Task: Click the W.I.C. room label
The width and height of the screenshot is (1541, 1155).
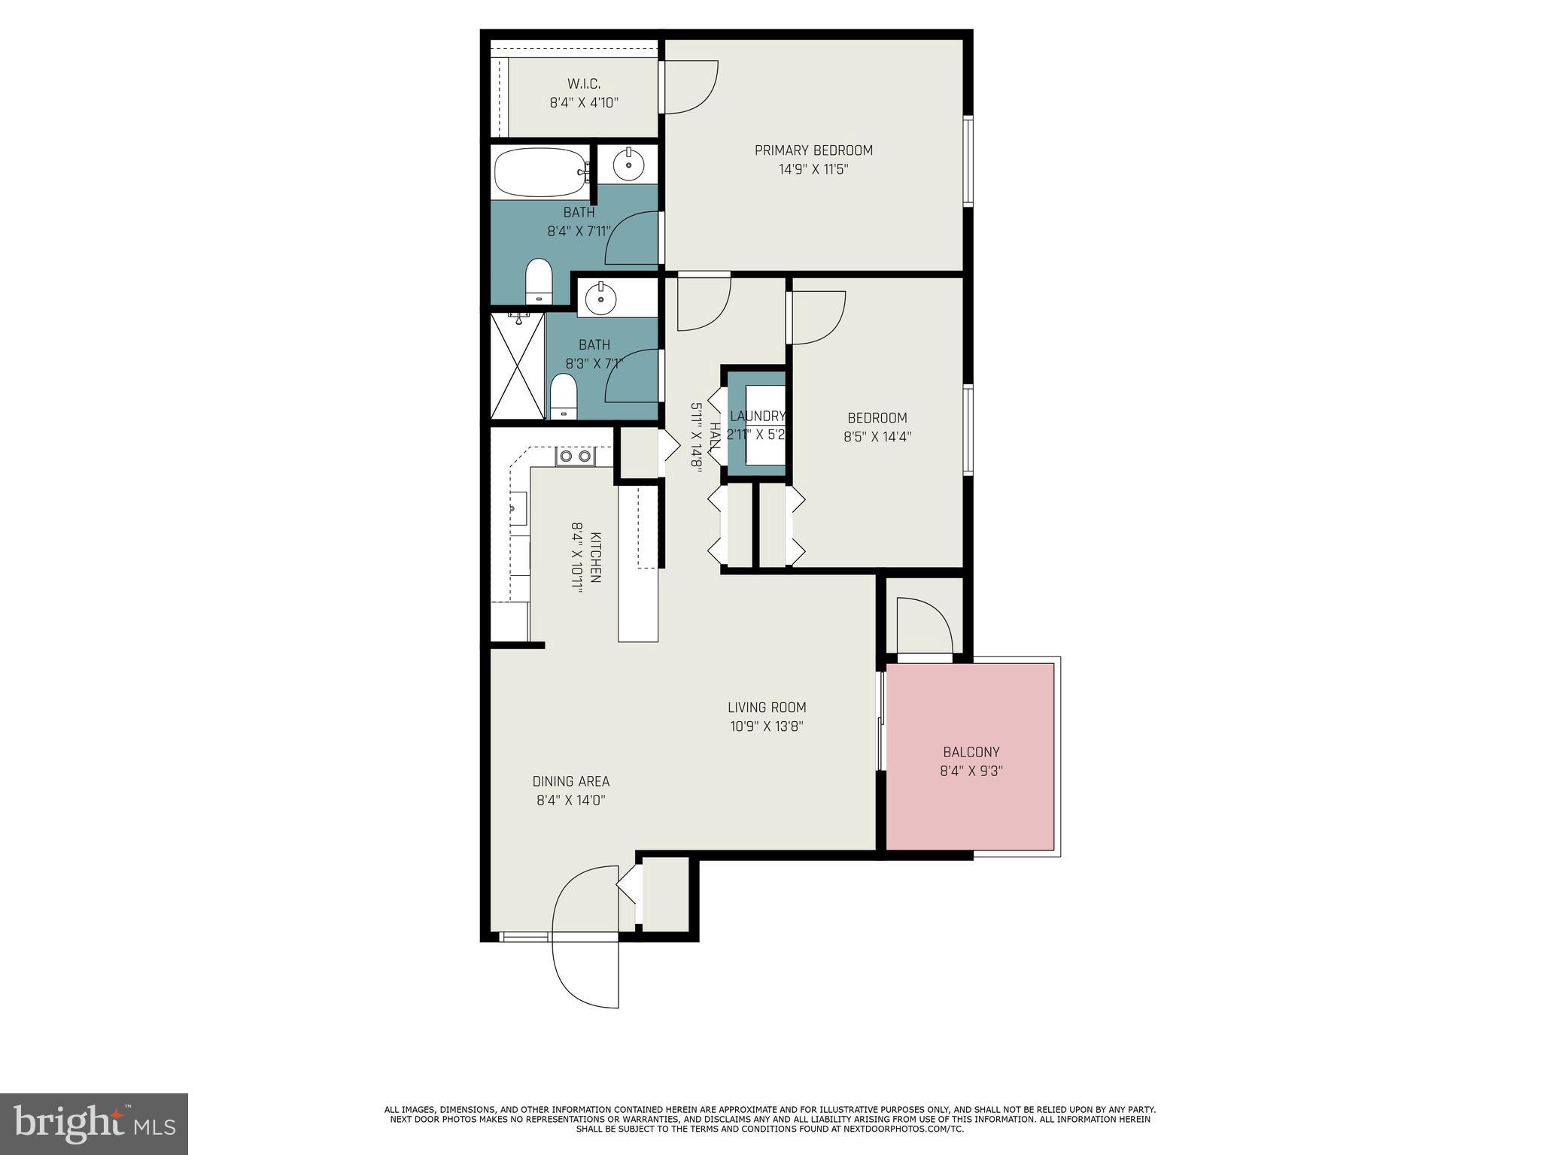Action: (x=583, y=83)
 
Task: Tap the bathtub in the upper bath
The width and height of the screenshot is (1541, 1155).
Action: (x=540, y=172)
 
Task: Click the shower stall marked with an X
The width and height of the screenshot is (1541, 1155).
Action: (x=517, y=366)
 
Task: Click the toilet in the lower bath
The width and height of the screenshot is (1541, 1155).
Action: (x=563, y=396)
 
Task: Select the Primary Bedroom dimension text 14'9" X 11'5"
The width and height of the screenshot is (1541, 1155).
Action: (x=813, y=170)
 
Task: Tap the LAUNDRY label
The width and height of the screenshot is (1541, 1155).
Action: (x=757, y=416)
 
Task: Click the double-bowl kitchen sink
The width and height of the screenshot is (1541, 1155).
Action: (x=575, y=456)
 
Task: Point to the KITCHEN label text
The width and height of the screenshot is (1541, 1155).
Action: (x=594, y=557)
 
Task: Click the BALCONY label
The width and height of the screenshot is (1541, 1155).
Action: (x=971, y=752)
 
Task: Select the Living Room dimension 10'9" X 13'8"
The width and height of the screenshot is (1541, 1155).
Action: (x=767, y=726)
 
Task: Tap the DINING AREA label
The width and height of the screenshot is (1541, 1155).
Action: (x=570, y=781)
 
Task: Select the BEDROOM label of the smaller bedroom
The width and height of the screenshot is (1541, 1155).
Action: (x=877, y=418)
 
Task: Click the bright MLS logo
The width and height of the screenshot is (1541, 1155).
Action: (x=94, y=1123)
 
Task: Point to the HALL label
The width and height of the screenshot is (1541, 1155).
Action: (x=714, y=436)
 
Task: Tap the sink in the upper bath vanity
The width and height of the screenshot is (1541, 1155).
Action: (x=627, y=164)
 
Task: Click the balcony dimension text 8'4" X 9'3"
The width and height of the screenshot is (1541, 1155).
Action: (x=971, y=771)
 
